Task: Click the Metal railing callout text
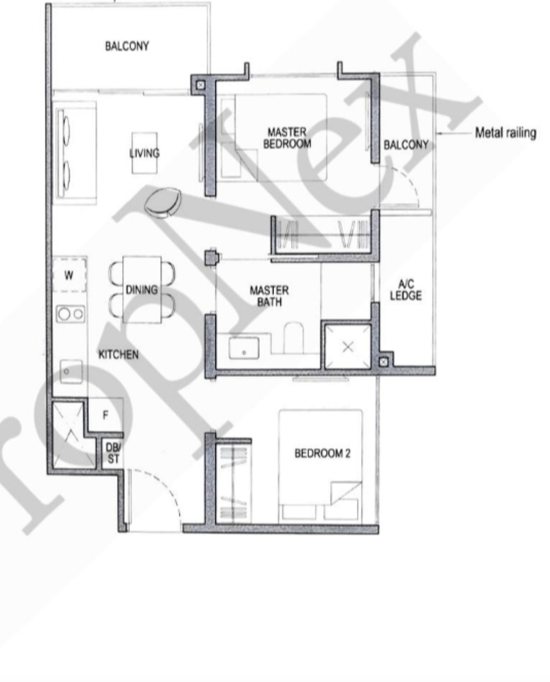505,133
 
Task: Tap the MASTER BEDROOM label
287,138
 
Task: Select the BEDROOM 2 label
322,453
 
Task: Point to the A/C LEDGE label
405,290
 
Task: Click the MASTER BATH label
269,296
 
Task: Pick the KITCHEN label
118,354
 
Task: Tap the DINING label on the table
142,289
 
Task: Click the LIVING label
145,153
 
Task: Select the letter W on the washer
69,275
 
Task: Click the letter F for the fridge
105,415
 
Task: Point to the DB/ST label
113,453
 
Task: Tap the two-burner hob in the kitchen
71,314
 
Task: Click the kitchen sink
71,371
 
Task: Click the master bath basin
244,350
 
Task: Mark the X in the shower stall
348,347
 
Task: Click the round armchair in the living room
163,202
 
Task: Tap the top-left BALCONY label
127,46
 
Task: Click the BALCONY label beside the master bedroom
406,145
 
